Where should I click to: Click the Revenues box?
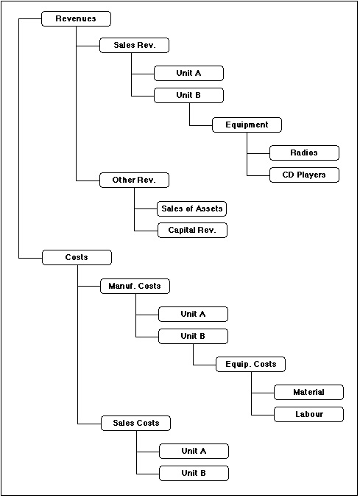pyautogui.click(x=76, y=18)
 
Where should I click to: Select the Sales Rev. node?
pyautogui.click(x=134, y=46)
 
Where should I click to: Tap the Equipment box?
pyautogui.click(x=247, y=124)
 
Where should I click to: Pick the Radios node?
pyautogui.click(x=304, y=152)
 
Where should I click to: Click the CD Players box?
pyautogui.click(x=304, y=175)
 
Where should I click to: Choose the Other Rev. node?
pyautogui.click(x=134, y=180)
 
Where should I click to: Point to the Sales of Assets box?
pyautogui.click(x=191, y=208)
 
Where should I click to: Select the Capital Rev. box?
pyautogui.click(x=192, y=231)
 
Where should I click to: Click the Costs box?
pyautogui.click(x=77, y=257)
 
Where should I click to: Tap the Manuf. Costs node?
pyautogui.click(x=135, y=286)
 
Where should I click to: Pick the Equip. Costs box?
pyautogui.click(x=250, y=364)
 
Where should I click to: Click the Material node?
pyautogui.click(x=308, y=392)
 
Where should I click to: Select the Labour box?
pyautogui.click(x=308, y=415)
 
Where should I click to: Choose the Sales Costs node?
pyautogui.click(x=135, y=424)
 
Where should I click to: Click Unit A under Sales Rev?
pyautogui.click(x=188, y=74)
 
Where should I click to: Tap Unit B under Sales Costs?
pyautogui.click(x=194, y=473)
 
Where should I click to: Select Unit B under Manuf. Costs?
pyautogui.click(x=193, y=337)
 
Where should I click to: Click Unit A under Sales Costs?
pyautogui.click(x=194, y=452)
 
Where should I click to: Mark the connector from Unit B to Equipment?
pyautogui.click(x=190, y=125)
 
